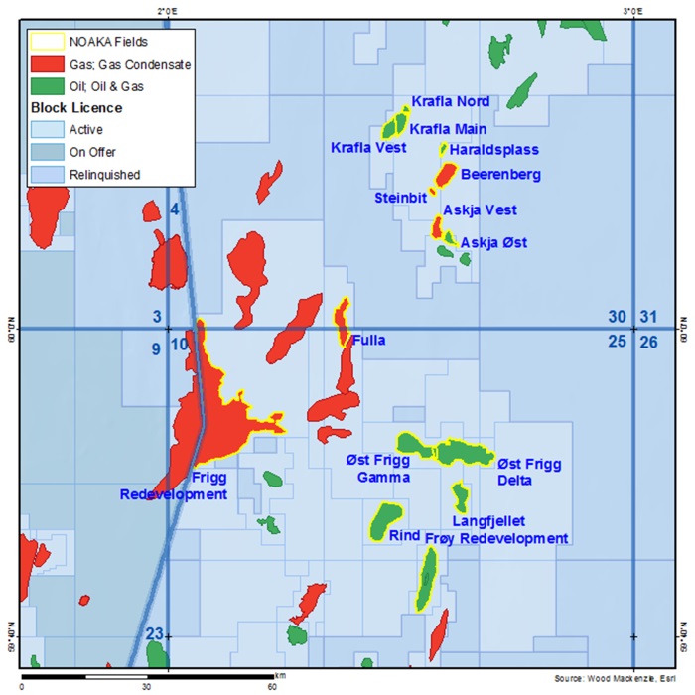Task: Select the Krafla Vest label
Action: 367,148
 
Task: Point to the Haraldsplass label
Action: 493,150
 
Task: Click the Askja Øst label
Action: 493,242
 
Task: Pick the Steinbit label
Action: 400,198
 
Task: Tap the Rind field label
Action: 404,535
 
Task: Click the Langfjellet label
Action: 487,520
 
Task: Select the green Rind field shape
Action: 384,519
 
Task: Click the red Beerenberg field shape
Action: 444,177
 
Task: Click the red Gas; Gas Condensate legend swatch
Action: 47,64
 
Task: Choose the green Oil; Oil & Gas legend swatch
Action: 47,85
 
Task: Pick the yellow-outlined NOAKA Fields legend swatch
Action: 47,41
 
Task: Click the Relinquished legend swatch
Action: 47,175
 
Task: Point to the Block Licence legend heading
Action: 76,107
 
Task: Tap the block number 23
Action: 154,634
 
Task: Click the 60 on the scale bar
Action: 271,686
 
